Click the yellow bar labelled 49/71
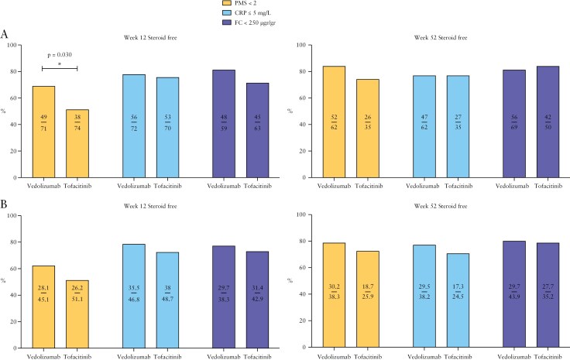click(43, 132)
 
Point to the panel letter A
click(5, 35)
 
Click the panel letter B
click(5, 207)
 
